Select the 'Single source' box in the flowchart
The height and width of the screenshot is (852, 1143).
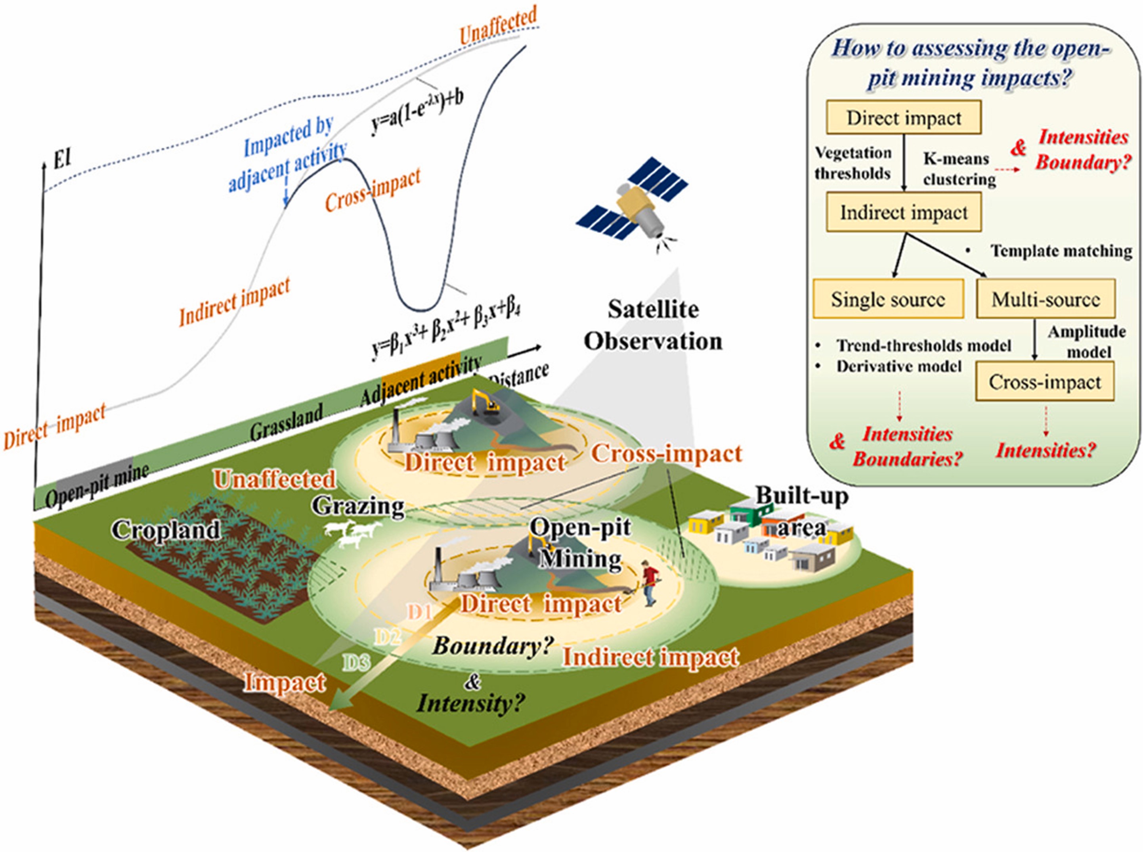[x=888, y=299]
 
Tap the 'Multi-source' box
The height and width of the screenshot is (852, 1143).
[x=1046, y=299]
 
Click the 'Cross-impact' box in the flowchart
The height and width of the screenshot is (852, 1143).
[x=1045, y=382]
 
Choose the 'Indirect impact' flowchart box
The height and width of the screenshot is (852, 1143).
[x=904, y=213]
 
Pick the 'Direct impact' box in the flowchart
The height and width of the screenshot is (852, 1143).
[x=903, y=118]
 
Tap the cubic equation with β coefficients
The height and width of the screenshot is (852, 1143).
[x=444, y=330]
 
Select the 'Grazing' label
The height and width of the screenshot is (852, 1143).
[x=358, y=506]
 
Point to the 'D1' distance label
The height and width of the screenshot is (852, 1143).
[x=420, y=612]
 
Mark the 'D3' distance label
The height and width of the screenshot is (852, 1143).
[x=357, y=662]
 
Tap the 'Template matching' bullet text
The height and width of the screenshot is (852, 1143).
[x=1061, y=251]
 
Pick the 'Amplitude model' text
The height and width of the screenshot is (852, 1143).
[x=1087, y=341]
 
